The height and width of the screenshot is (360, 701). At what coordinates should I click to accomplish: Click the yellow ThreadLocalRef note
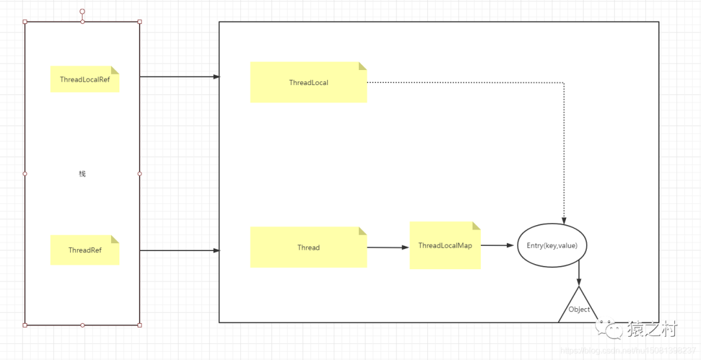tap(85, 79)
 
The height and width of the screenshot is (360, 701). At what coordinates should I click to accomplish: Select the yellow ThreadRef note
tap(85, 250)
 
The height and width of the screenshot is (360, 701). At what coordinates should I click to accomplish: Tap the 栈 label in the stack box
tap(82, 174)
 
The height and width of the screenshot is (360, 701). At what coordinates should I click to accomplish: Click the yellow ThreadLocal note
tap(308, 82)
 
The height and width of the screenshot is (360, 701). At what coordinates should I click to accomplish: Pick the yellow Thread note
tap(308, 247)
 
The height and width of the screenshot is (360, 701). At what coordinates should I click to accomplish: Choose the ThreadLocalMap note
tap(445, 245)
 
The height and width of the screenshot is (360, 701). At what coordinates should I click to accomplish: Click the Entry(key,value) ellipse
tap(552, 245)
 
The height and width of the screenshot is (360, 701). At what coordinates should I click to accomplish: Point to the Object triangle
tap(578, 309)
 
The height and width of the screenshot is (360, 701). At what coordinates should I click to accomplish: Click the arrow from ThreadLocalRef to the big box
tap(180, 77)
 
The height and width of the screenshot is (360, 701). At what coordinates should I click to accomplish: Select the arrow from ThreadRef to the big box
tap(180, 250)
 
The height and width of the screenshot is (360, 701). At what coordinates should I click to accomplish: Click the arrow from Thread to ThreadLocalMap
tap(388, 247)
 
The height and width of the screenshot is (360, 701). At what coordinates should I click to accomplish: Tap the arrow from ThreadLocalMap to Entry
tap(498, 245)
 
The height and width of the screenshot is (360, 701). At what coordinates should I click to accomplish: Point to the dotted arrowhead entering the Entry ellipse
tap(563, 220)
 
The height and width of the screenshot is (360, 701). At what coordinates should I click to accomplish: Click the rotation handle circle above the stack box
tap(82, 12)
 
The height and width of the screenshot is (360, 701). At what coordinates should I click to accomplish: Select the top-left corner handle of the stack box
tap(25, 22)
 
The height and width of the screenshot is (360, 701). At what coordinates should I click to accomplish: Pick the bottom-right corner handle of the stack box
tap(140, 325)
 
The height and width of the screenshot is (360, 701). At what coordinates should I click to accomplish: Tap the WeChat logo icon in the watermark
tap(610, 330)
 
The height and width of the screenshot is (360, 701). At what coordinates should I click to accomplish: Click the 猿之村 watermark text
tap(652, 330)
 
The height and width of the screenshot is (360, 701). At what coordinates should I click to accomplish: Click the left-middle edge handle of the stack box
tap(25, 174)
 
